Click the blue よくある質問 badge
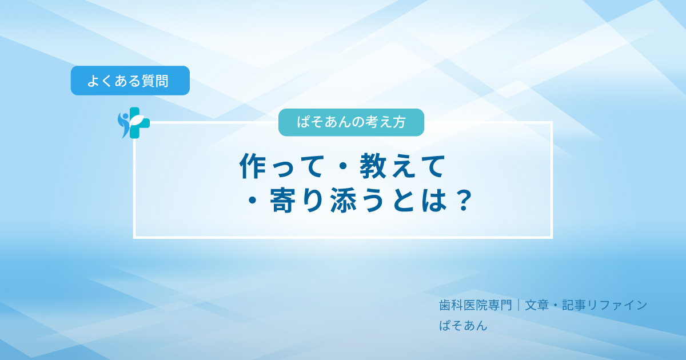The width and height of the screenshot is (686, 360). pos(130,81)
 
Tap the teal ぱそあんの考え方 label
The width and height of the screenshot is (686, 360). pos(351,122)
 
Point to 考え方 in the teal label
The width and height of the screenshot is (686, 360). pos(386,122)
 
